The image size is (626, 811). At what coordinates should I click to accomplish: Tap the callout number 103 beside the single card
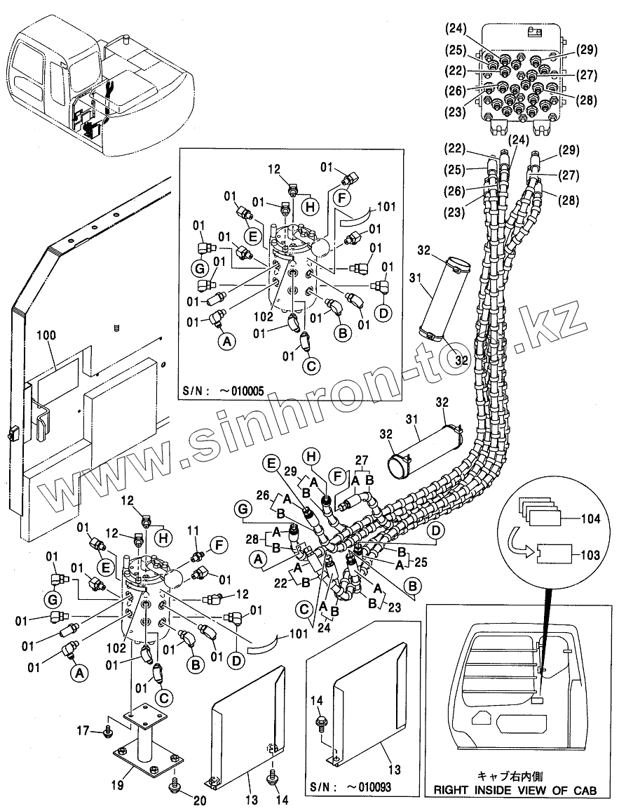pyautogui.click(x=591, y=554)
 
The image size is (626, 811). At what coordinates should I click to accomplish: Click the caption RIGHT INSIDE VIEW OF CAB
pyautogui.click(x=515, y=790)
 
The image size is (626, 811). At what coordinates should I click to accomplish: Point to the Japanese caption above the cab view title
pyautogui.click(x=515, y=776)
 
